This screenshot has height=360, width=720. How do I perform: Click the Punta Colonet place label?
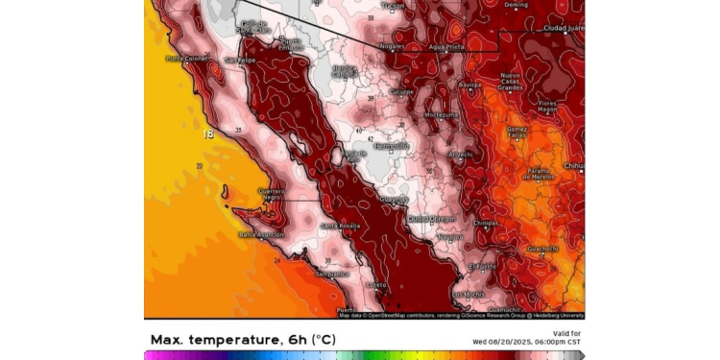pyautogui.click(x=186, y=59)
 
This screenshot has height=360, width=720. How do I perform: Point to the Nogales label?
pyautogui.click(x=391, y=45)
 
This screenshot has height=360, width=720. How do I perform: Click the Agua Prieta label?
pyautogui.click(x=446, y=46)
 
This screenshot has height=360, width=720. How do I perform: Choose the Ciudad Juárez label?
pyautogui.click(x=563, y=28)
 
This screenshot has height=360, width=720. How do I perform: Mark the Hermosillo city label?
pyautogui.click(x=392, y=146)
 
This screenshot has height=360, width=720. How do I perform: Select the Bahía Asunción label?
pyautogui.click(x=261, y=234)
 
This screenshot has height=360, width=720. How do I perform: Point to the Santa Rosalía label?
pyautogui.click(x=340, y=226)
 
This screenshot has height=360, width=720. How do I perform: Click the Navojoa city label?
pyautogui.click(x=449, y=236)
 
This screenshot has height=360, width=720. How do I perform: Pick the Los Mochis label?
pyautogui.click(x=468, y=294)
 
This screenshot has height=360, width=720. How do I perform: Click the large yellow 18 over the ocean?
pyautogui.click(x=208, y=134)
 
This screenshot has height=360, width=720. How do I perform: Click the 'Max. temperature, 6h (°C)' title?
pyautogui.click(x=243, y=340)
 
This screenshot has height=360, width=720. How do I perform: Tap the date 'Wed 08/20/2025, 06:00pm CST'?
pyautogui.click(x=527, y=342)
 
